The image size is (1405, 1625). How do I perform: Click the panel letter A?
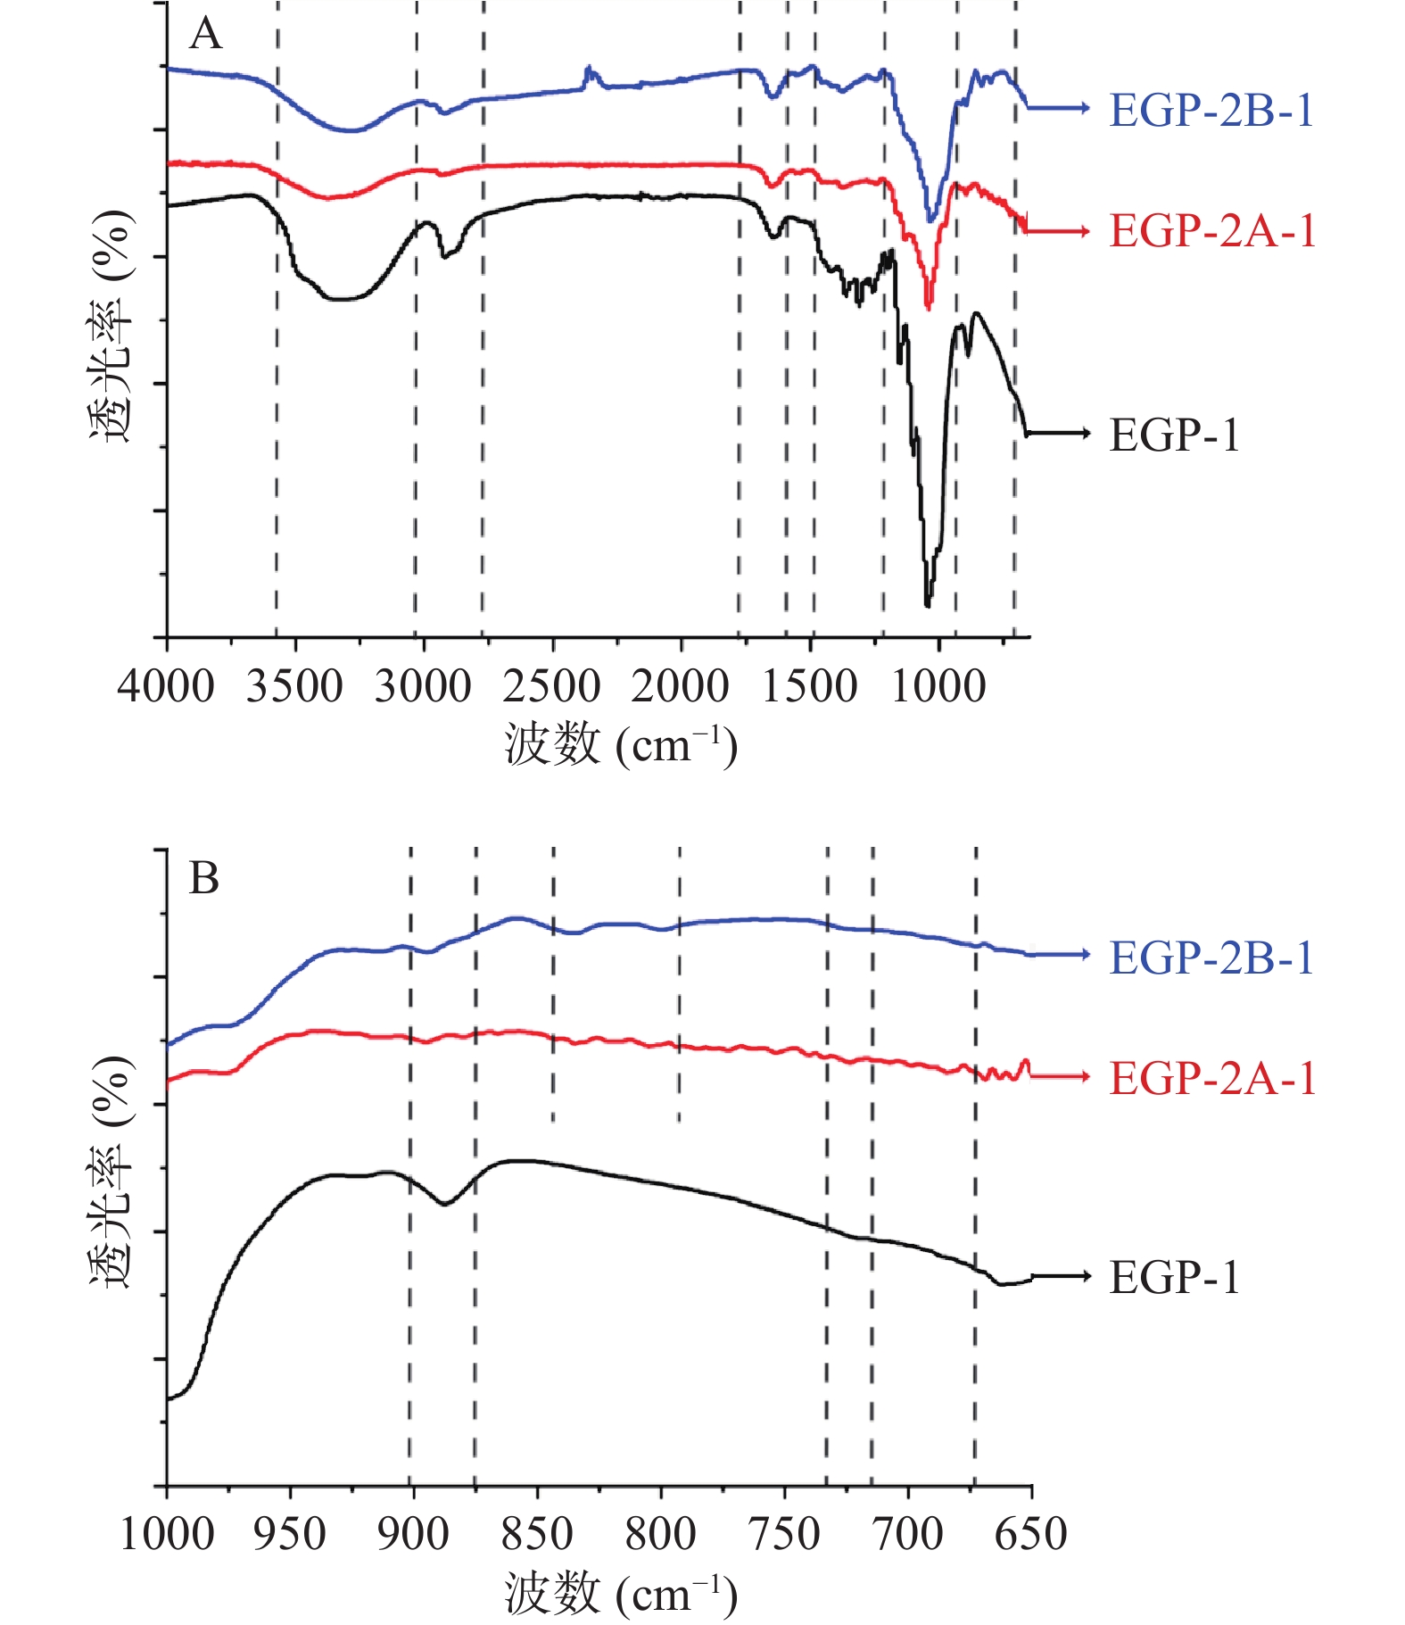coord(205,34)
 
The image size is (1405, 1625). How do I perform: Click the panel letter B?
coord(204,878)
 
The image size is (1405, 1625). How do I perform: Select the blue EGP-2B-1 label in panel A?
coord(1211,111)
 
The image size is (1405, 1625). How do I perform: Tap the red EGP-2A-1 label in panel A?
coord(1211,231)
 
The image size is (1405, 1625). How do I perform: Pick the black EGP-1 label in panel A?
coord(1174,435)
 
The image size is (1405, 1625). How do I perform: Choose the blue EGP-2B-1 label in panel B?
coord(1211,958)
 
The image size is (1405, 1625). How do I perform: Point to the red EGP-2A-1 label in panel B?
coord(1211,1078)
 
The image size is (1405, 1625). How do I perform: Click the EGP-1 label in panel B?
coord(1174,1278)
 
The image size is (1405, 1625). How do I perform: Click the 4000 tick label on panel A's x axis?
coord(166,686)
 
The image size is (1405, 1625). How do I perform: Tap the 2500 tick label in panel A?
coord(551,686)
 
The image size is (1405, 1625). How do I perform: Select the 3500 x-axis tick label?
coord(294,686)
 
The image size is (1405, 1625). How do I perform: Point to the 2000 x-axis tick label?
coord(680,686)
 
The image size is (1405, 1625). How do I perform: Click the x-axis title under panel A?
coord(621,745)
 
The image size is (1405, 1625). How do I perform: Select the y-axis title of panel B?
coord(112,1173)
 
